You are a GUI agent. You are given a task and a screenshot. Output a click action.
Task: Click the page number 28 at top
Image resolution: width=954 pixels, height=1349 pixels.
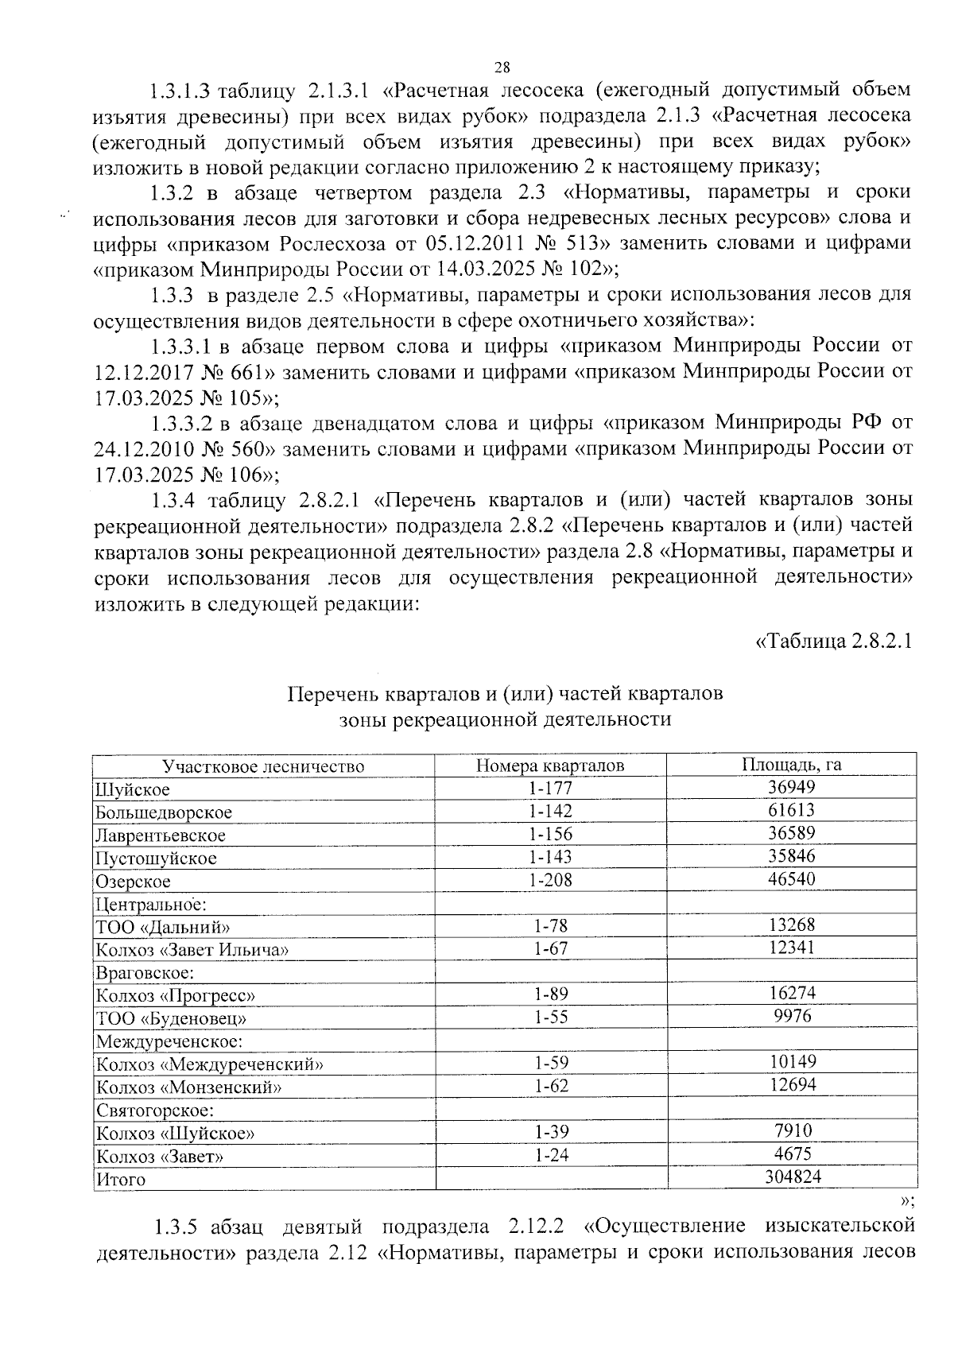502,67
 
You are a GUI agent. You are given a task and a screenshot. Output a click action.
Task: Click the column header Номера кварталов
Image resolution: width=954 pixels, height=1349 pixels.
550,766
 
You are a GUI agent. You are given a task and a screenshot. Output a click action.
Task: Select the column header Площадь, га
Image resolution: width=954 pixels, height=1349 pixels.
791,765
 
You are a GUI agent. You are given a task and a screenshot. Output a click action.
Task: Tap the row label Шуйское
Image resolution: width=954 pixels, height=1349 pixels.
132,790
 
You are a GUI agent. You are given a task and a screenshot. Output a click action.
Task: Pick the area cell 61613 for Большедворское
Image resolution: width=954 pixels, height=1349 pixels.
792,810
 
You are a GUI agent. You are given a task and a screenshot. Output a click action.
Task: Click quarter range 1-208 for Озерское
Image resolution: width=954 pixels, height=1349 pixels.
550,880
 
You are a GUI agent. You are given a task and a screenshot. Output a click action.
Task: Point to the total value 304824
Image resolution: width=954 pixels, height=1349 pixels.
793,1177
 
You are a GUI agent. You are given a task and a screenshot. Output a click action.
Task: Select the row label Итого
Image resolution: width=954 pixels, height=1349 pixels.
121,1180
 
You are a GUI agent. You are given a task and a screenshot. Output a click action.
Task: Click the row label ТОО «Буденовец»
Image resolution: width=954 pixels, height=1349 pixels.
171,1018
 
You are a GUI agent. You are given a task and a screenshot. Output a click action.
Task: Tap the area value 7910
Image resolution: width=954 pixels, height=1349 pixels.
793,1130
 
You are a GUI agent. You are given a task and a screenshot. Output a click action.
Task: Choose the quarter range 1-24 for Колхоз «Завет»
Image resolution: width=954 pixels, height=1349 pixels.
551,1155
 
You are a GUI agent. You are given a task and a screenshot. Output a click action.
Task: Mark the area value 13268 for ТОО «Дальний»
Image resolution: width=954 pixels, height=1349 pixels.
792,925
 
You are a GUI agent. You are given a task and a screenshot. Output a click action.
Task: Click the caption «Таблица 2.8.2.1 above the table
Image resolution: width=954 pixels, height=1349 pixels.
832,642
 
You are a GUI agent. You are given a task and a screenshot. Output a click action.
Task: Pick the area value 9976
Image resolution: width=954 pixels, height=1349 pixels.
793,1016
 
